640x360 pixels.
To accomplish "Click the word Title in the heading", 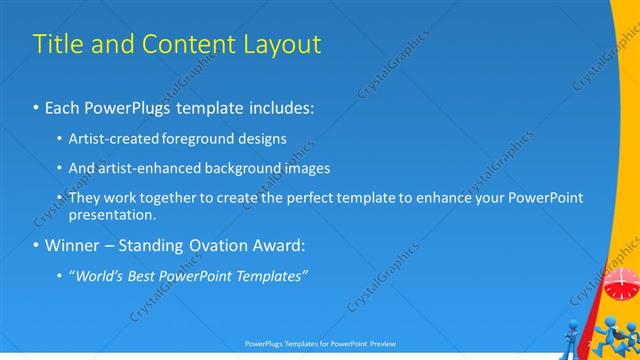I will pyautogui.click(x=56, y=44).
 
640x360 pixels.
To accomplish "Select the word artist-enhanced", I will pyautogui.click(x=150, y=168).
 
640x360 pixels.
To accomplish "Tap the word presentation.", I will pyautogui.click(x=112, y=214).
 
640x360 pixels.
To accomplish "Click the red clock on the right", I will pyautogui.click(x=620, y=283).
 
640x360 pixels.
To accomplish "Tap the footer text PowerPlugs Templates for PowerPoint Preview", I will pyautogui.click(x=319, y=342).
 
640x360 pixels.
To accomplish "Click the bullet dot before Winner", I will pyautogui.click(x=37, y=246).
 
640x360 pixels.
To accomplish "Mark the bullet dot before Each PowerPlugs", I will pyautogui.click(x=37, y=107).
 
